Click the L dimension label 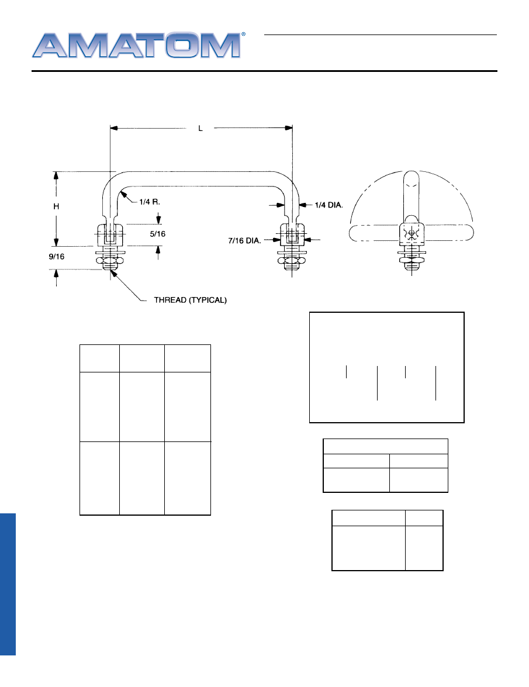(x=200, y=129)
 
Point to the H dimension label (x=56, y=206)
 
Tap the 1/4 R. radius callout (x=150, y=202)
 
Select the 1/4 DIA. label (x=329, y=205)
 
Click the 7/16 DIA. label (x=244, y=240)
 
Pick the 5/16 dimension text (x=158, y=234)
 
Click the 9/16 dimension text (x=57, y=257)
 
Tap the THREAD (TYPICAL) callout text (x=191, y=300)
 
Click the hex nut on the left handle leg (x=110, y=263)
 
